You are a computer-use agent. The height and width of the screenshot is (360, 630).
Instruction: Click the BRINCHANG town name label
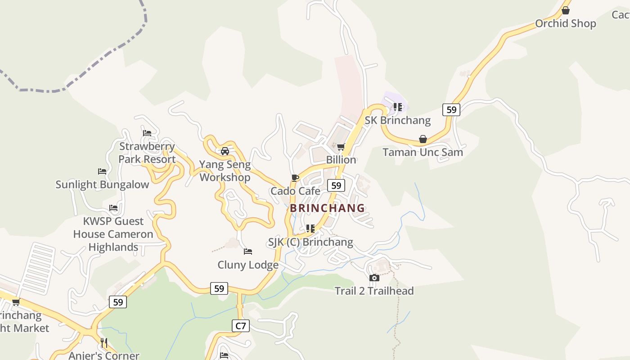tap(327, 208)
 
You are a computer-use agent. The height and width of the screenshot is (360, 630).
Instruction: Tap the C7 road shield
tap(241, 325)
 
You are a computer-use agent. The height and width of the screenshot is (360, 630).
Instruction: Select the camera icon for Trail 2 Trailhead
tap(374, 278)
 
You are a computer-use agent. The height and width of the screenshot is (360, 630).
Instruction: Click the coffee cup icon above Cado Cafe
tap(295, 178)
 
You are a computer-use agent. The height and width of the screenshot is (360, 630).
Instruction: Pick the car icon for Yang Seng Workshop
tap(225, 151)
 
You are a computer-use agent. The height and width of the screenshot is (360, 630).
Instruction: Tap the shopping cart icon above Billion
tap(341, 147)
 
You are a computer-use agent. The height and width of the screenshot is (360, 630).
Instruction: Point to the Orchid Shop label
tap(565, 23)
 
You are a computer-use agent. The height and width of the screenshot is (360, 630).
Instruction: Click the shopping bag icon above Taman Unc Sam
tap(423, 139)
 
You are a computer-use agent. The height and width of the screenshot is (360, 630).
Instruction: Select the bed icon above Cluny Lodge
tap(247, 252)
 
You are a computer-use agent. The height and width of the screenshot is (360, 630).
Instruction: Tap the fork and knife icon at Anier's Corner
tap(104, 343)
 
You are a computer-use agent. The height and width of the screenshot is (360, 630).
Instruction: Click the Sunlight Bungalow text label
tap(102, 184)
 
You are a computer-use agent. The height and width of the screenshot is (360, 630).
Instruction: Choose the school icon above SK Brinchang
tap(397, 107)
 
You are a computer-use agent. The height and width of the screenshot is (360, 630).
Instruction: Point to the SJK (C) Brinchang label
tap(310, 242)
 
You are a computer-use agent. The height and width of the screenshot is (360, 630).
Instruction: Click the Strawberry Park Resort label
tap(147, 153)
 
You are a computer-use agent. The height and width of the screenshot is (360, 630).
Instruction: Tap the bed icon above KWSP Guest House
tap(113, 208)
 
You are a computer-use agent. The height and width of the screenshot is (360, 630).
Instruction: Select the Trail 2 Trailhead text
tap(374, 291)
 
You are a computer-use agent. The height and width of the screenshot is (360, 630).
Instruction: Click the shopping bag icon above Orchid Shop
tap(566, 10)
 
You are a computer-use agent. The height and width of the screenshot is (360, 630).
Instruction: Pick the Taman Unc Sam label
tap(423, 152)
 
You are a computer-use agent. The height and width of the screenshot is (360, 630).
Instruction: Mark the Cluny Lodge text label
tap(247, 265)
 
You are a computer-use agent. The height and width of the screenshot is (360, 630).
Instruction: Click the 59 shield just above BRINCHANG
tap(336, 185)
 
